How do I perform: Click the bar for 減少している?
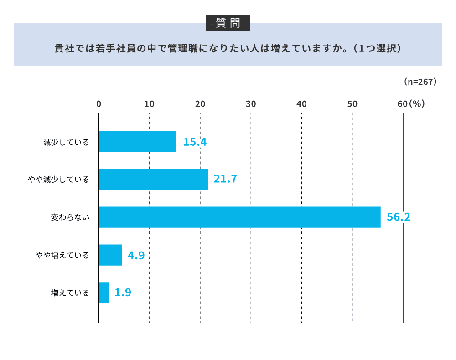(137, 142)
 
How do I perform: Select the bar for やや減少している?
(153, 180)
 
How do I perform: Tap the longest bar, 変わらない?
(239, 217)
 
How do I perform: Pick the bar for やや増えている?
(110, 255)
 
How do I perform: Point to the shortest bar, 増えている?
(104, 293)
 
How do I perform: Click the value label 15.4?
(195, 142)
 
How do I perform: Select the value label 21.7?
(225, 180)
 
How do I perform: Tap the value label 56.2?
(399, 217)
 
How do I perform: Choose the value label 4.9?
(136, 255)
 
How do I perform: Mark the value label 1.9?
(123, 293)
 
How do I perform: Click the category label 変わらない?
(69, 217)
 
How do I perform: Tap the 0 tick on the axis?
(98, 104)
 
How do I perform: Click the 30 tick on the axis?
(251, 104)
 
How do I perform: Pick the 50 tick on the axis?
(352, 104)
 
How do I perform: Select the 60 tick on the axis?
(402, 104)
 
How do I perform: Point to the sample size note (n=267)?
(420, 82)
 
